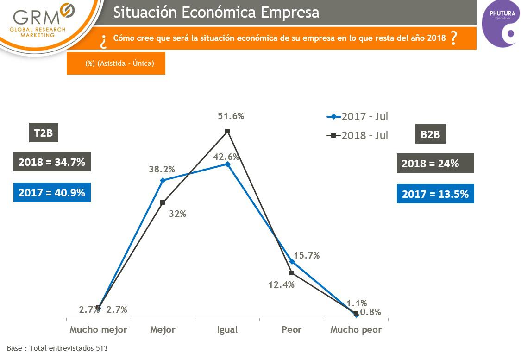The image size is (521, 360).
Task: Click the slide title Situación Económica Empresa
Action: (x=216, y=13)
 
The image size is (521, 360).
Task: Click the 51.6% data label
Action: (x=231, y=116)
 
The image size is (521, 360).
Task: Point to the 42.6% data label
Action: (x=226, y=157)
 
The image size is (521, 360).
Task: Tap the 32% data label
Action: (x=177, y=214)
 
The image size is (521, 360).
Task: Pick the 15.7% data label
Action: (x=307, y=255)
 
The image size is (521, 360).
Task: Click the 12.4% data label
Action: (x=282, y=285)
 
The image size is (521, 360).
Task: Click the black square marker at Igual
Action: (x=227, y=131)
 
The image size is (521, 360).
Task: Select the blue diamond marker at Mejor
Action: (x=163, y=180)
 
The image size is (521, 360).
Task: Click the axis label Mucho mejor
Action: (x=98, y=330)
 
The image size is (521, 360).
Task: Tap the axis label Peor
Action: (x=291, y=330)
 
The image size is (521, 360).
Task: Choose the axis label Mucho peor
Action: (x=356, y=330)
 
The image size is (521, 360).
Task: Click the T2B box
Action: (x=44, y=134)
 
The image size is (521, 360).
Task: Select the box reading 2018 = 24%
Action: (x=435, y=163)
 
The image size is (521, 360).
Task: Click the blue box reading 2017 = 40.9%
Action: (x=52, y=192)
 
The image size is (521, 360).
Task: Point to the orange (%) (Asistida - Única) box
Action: (x=116, y=63)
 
